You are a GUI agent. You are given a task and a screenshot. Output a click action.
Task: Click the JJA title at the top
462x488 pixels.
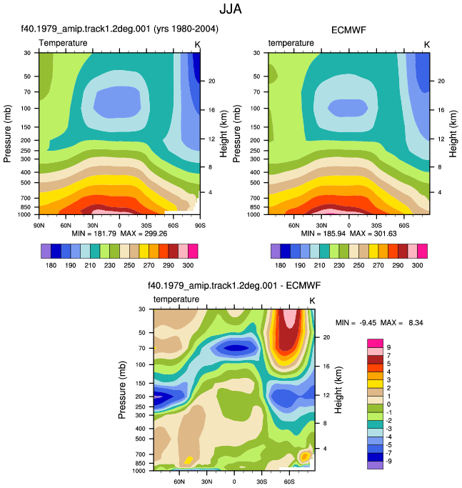click(x=231, y=9)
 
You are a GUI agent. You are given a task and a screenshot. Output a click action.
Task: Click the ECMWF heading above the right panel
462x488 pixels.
click(x=348, y=30)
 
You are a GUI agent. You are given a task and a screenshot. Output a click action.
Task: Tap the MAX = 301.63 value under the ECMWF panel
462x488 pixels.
click(x=373, y=234)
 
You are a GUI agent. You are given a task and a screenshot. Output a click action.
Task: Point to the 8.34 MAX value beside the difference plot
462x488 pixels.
click(x=416, y=322)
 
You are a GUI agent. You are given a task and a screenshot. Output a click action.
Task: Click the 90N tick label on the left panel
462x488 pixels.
click(x=39, y=225)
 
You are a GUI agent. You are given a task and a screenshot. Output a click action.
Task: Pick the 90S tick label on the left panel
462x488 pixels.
click(x=200, y=225)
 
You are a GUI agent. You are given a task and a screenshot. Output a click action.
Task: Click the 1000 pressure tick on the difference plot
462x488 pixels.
click(x=139, y=471)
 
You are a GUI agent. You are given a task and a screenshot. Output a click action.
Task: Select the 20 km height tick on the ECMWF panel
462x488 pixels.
click(x=441, y=81)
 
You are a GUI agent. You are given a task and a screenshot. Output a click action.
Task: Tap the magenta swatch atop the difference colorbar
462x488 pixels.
click(x=375, y=343)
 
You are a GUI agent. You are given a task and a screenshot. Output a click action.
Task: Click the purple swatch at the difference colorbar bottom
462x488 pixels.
click(x=375, y=465)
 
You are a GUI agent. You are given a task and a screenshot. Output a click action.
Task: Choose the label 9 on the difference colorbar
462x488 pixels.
click(x=388, y=347)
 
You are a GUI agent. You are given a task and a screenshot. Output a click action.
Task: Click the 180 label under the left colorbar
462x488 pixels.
click(x=51, y=265)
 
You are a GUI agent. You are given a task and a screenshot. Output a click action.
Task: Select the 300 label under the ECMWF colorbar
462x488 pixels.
click(x=417, y=265)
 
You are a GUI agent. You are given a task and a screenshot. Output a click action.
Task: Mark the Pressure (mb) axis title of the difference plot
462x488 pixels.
click(x=122, y=389)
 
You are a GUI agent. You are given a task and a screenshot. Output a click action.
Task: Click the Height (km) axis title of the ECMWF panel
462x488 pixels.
click(x=453, y=134)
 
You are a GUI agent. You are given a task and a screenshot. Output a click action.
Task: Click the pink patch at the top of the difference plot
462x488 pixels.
click(x=289, y=319)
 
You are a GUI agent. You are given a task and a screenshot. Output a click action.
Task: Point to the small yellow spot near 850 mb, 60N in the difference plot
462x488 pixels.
click(x=189, y=460)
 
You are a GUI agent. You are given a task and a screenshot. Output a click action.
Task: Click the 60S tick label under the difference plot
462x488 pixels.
click(x=289, y=482)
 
